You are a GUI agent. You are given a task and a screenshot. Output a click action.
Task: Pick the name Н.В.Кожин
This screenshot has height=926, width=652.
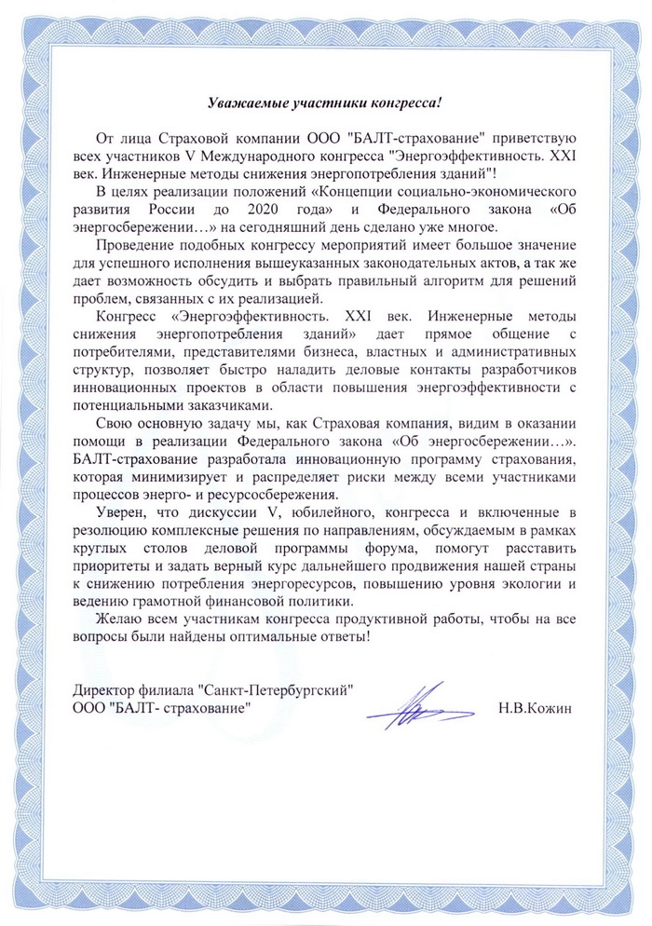coord(535,709)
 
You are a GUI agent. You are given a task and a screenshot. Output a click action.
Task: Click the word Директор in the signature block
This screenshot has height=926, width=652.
coord(102,691)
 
